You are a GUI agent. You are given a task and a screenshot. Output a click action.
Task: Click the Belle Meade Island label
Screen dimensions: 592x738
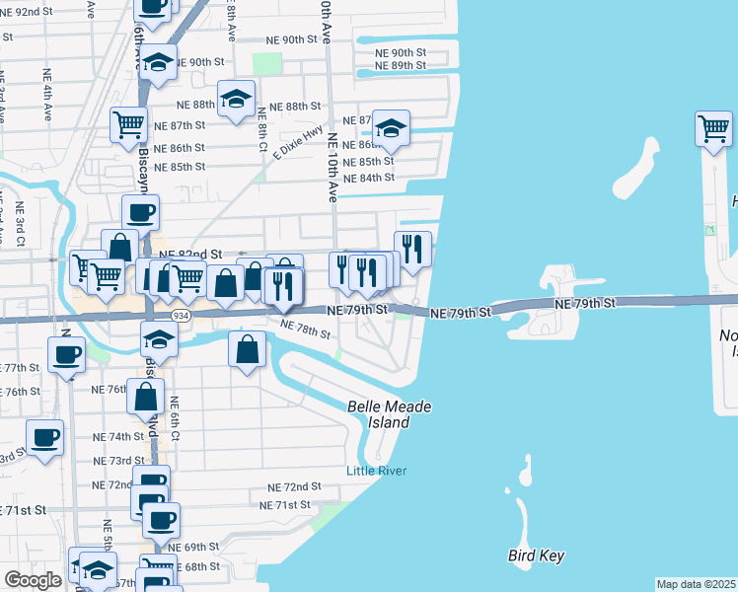click(x=378, y=414)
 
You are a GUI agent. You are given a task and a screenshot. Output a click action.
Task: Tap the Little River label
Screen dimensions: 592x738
click(x=376, y=471)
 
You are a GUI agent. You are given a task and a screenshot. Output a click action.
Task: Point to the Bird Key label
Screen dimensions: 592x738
click(x=537, y=555)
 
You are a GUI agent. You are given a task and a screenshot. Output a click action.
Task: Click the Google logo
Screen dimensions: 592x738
click(x=33, y=580)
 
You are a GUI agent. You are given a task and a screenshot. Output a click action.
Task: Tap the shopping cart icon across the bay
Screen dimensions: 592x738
click(x=713, y=129)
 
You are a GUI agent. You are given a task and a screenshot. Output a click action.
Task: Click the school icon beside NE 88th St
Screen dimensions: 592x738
click(x=236, y=101)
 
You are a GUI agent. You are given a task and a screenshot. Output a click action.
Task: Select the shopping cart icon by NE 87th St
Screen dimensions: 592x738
click(x=129, y=126)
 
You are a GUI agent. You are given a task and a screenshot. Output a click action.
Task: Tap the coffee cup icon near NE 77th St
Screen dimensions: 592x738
click(x=67, y=355)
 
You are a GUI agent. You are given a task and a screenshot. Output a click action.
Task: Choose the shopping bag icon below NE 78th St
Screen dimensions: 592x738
click(x=247, y=350)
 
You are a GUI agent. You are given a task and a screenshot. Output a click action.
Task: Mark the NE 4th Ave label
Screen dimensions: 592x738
click(x=46, y=93)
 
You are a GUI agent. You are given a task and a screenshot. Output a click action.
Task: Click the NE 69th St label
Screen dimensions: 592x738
click(x=193, y=547)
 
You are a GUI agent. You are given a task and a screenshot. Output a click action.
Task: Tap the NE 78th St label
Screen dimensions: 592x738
click(x=304, y=329)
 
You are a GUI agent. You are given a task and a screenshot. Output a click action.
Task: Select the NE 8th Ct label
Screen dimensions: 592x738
click(x=263, y=128)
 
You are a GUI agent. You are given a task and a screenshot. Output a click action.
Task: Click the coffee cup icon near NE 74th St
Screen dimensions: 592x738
click(x=45, y=437)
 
